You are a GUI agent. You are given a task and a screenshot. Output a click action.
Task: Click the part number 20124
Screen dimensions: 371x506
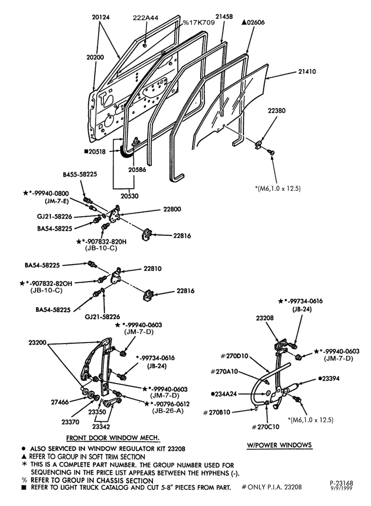101,17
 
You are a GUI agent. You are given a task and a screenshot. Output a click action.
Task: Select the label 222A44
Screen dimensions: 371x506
146,18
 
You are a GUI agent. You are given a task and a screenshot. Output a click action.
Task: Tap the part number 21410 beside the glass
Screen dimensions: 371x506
307,71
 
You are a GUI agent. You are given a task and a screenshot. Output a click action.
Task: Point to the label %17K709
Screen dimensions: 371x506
199,23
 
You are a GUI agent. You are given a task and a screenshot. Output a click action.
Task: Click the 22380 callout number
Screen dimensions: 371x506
277,110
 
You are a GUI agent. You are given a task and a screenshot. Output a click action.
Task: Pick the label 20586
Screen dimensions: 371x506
136,169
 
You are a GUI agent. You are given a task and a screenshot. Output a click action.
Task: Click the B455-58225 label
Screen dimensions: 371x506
80,174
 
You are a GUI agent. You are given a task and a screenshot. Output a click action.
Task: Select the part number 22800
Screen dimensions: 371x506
172,209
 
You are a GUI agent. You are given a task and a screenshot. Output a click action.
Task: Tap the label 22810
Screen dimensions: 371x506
153,269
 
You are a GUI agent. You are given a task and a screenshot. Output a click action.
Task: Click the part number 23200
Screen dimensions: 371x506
38,343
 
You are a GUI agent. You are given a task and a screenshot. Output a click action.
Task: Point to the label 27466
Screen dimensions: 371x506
60,402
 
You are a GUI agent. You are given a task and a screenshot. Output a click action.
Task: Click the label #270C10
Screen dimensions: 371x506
265,427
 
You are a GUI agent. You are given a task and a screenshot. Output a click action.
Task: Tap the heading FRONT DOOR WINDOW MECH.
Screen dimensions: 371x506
113,438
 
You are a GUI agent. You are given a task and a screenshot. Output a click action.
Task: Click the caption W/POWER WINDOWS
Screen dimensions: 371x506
280,445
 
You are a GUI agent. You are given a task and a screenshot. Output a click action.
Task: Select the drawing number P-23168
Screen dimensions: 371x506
342,483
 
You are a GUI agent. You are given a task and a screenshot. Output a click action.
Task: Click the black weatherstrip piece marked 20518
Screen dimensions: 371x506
124,152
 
